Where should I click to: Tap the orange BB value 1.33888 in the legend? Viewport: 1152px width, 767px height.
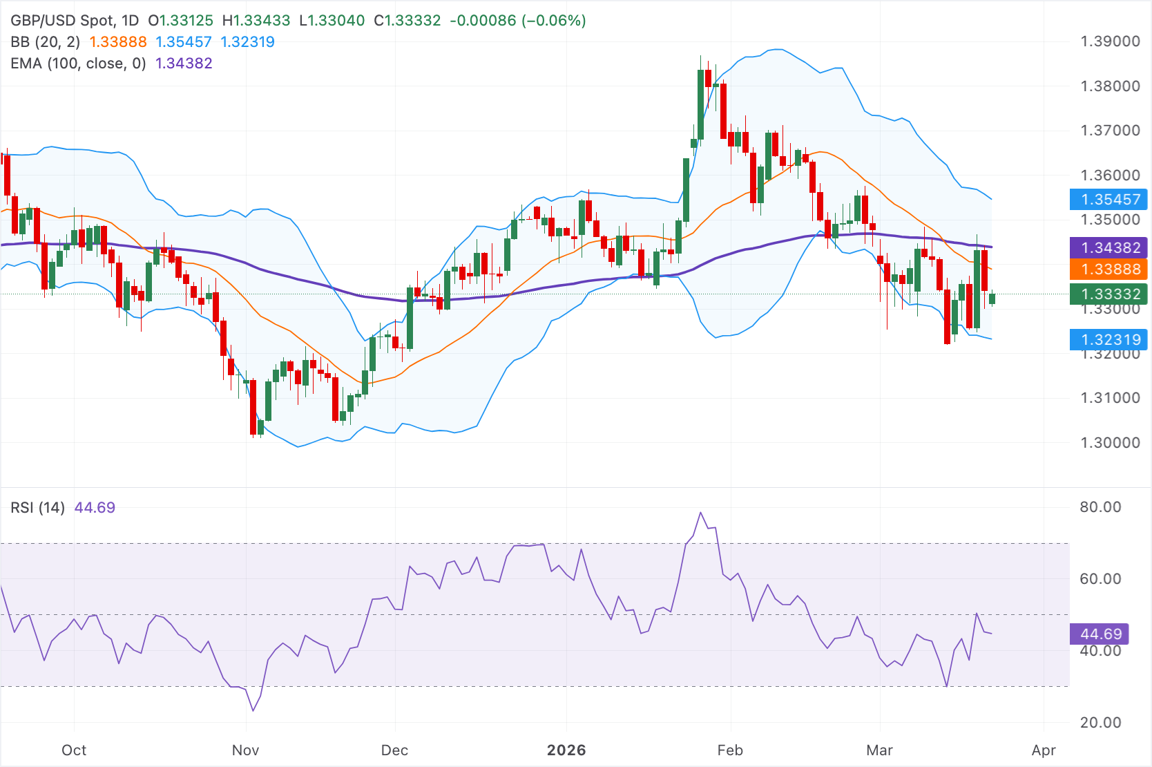tap(118, 42)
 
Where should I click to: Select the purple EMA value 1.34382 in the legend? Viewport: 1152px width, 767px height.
tap(184, 64)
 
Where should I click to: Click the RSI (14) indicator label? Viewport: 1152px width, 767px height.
tap(38, 508)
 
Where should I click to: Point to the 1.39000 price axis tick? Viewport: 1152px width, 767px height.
tap(1110, 41)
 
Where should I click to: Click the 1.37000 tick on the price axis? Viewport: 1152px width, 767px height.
tap(1110, 131)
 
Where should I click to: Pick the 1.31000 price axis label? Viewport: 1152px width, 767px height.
tap(1110, 398)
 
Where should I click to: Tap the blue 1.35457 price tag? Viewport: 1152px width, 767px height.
tap(1110, 200)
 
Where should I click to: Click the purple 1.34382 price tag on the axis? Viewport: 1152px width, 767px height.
tap(1110, 247)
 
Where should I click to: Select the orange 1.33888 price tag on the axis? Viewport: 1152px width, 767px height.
tap(1110, 269)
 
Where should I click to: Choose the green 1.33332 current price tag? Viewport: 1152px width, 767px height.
tap(1110, 294)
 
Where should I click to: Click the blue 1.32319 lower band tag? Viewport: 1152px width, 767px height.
tap(1110, 339)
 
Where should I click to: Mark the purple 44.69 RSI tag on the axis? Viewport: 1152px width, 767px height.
tap(1101, 634)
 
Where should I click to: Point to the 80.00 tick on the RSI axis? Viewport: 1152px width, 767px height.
tap(1100, 507)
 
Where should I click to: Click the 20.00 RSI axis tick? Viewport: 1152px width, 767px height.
tap(1100, 723)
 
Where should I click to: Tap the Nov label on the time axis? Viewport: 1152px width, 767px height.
tap(245, 750)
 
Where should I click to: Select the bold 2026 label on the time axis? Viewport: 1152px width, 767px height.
tap(566, 750)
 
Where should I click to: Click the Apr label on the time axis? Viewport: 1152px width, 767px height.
tap(1044, 750)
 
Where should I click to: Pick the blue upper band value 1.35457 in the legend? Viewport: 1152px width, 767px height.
tap(184, 42)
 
